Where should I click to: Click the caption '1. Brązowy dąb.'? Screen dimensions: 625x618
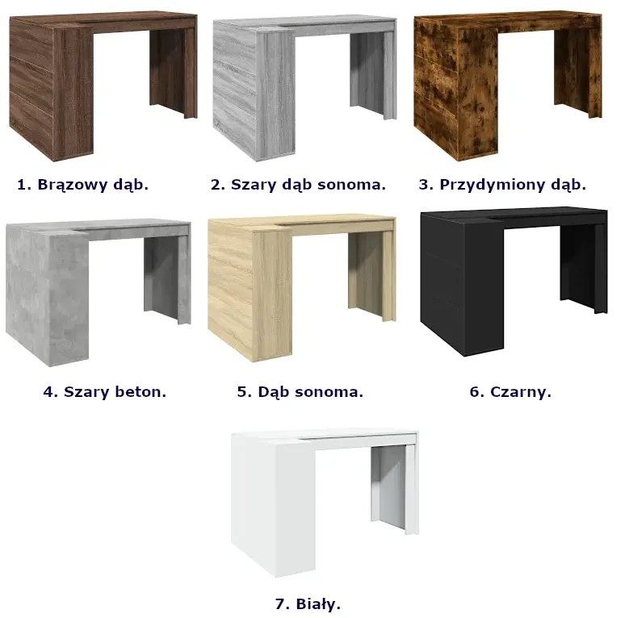[x=82, y=185]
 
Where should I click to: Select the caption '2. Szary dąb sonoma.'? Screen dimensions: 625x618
[x=298, y=185]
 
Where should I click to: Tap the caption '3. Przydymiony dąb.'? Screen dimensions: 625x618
[x=502, y=185]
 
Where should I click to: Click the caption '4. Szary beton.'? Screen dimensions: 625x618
[x=104, y=392]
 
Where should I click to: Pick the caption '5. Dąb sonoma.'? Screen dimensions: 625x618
[x=300, y=392]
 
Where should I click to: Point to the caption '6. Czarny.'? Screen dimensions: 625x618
[x=510, y=392]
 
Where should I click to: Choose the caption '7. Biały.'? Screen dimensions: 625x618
[x=308, y=604]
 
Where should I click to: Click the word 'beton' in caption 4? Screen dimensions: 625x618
[x=140, y=392]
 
